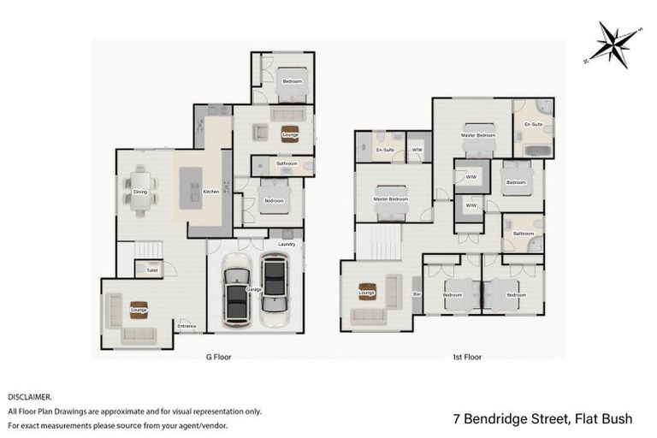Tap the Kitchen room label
212,192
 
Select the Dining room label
140,192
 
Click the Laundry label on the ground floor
286,245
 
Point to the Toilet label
152,270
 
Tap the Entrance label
186,326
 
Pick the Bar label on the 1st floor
417,294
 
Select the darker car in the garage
236,294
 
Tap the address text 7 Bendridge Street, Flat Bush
542,419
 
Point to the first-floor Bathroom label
523,233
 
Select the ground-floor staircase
148,249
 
